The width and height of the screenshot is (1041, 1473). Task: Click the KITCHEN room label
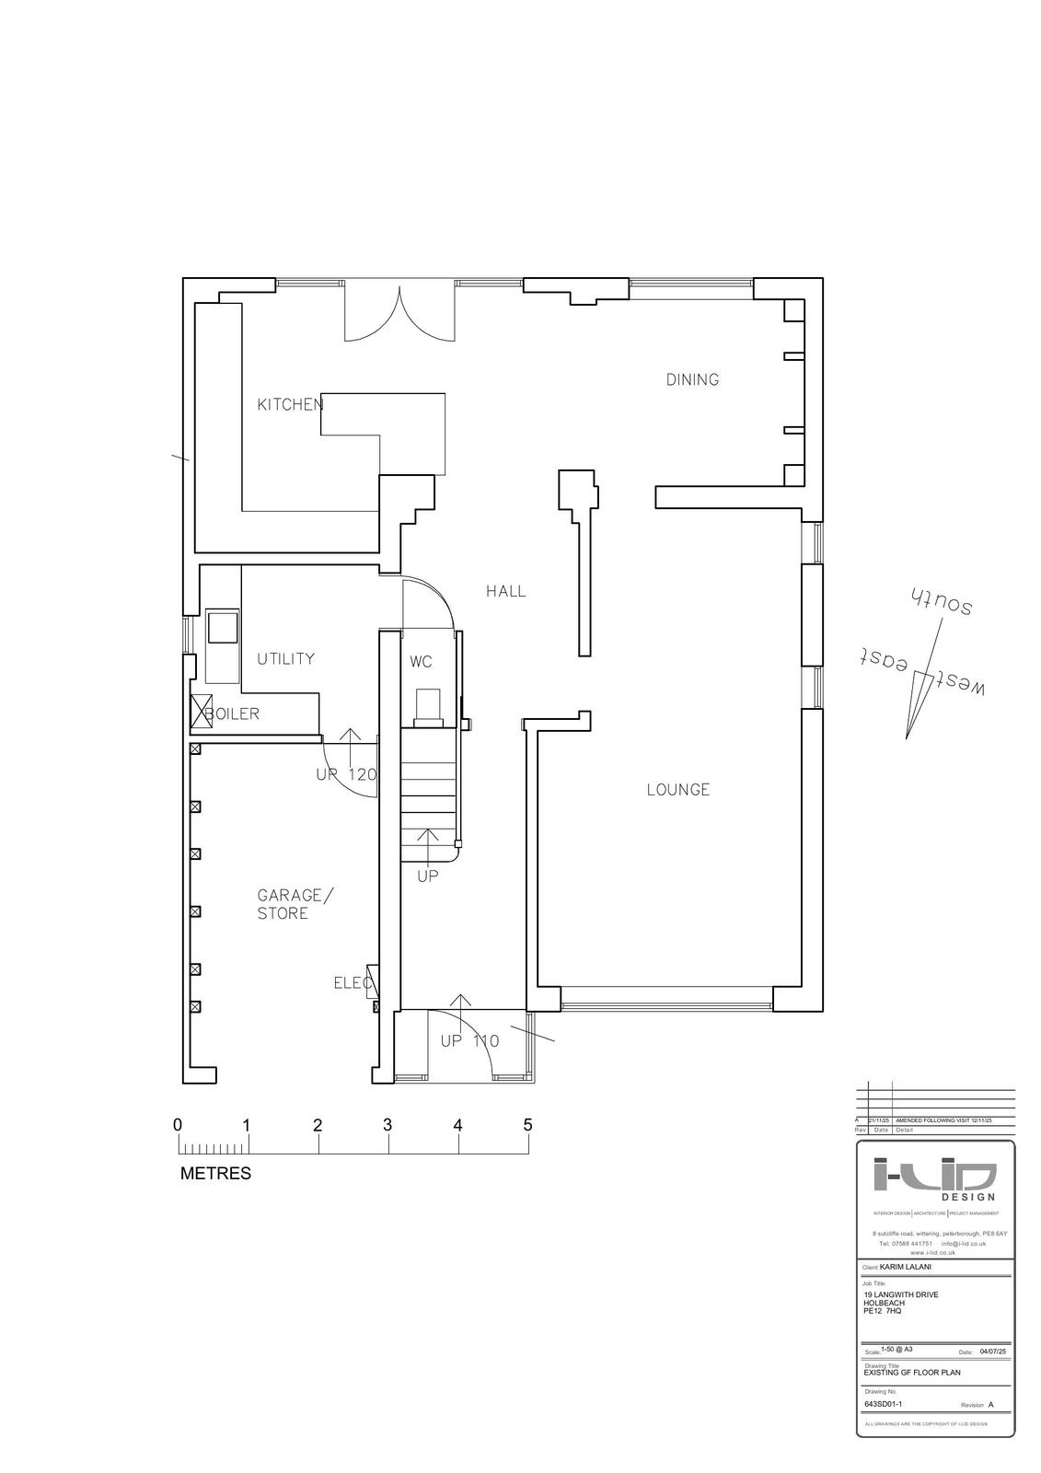click(289, 404)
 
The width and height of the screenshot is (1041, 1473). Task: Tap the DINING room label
click(692, 379)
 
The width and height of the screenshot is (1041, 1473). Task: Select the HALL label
click(506, 591)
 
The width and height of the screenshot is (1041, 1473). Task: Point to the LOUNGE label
click(678, 790)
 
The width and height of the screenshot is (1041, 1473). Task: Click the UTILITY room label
click(285, 659)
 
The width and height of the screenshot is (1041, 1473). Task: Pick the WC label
click(421, 662)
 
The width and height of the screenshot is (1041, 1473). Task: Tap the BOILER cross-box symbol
click(202, 713)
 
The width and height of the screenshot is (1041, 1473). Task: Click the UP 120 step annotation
click(346, 775)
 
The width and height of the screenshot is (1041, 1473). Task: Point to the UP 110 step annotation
click(469, 1041)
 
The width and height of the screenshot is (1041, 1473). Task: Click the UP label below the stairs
click(428, 876)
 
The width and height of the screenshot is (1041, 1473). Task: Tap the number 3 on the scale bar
click(387, 1125)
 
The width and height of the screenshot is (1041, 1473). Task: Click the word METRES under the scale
click(215, 1174)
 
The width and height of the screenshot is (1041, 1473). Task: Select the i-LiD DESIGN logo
click(934, 1178)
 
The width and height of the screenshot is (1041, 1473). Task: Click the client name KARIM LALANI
click(908, 1267)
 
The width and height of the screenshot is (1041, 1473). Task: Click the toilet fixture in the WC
click(429, 706)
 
